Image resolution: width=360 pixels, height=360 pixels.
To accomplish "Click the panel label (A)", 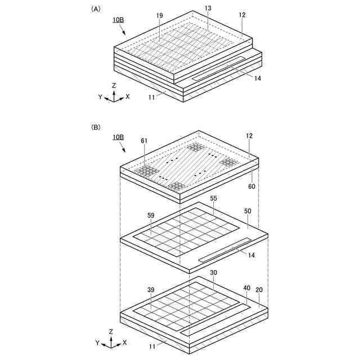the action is tap(96, 9).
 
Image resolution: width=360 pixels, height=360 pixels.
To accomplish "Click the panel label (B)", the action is tap(96, 127).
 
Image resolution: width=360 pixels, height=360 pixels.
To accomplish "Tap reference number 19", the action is tap(160, 15).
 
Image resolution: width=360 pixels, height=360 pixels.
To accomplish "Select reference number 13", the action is tap(208, 8).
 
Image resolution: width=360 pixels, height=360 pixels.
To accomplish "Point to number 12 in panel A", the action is tap(242, 15).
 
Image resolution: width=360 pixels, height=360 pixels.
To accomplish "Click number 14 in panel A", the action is tap(258, 78).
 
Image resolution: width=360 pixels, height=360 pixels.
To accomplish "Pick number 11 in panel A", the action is tap(151, 97).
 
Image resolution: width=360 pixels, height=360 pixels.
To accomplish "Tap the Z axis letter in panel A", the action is tap(114, 85).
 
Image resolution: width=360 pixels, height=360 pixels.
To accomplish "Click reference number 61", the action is tap(144, 141).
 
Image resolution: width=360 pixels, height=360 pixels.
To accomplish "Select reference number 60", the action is tap(251, 186).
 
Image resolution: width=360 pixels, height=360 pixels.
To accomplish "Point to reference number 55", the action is tap(214, 198).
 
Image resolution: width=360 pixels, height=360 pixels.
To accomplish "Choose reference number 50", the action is tap(247, 211).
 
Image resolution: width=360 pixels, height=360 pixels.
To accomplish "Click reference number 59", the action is tap(151, 215).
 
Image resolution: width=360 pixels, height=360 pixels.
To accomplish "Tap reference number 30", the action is tap(214, 272).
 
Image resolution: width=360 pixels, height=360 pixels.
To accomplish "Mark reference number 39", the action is tap(151, 290).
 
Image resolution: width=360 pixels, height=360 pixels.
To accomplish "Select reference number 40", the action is tap(247, 288).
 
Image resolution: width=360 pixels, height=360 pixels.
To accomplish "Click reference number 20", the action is tap(259, 290).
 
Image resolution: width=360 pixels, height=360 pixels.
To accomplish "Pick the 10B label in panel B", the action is tap(118, 137).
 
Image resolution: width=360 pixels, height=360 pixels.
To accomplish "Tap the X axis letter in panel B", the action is tap(124, 343).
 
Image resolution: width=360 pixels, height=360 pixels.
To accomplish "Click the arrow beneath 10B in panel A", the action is tap(123, 30).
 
